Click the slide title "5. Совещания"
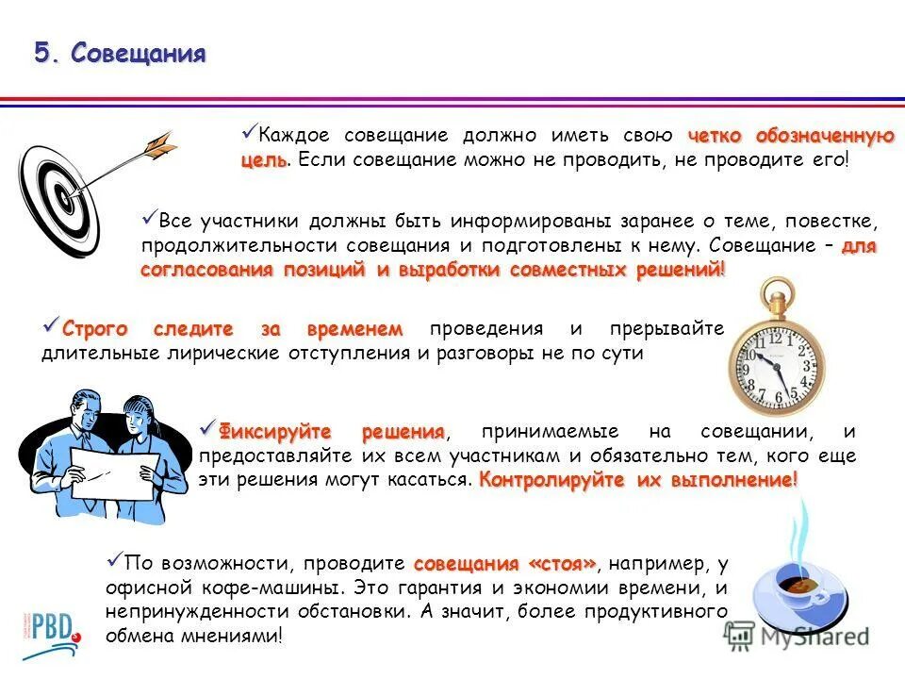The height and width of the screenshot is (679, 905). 120,53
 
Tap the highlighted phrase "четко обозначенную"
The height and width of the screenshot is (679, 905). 790,136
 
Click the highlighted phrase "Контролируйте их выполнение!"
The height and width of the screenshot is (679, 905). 637,479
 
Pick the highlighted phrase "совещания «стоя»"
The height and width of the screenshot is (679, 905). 504,564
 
